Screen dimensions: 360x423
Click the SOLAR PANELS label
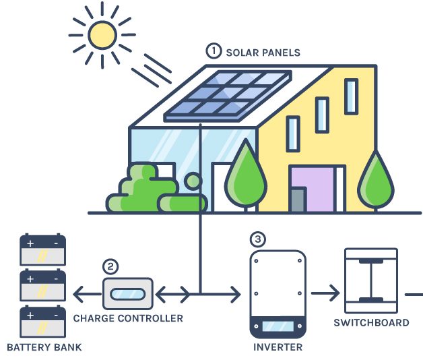pos(263,52)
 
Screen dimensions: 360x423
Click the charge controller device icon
pos(127,294)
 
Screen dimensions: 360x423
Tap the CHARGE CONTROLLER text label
pos(128,318)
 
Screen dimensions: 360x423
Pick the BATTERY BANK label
pos(44,348)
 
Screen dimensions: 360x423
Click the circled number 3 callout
pos(257,239)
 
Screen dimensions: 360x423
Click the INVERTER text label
pos(278,348)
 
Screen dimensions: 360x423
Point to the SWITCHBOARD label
pos(371,322)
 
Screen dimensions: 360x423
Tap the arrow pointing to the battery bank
pos(83,294)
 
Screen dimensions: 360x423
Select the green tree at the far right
pos(376,182)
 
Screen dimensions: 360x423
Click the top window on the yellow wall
pos(351,96)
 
